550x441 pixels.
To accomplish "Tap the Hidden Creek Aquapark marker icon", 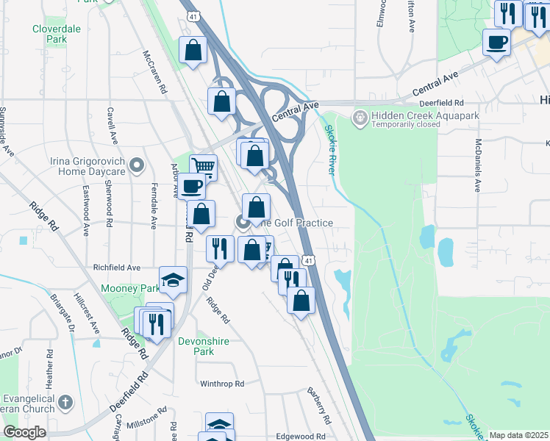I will point(360,118).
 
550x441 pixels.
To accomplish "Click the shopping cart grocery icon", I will point(204,167).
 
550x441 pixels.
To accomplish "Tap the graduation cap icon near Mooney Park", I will point(173,279).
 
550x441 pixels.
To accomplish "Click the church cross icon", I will point(66,402).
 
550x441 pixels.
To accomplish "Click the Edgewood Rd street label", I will point(300,436).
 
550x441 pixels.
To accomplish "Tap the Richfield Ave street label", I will point(116,268).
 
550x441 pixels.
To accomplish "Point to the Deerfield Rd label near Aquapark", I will point(443,103).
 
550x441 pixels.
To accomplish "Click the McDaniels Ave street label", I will point(478,165).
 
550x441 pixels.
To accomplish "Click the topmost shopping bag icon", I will point(193,51).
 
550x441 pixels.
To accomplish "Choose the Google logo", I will point(24,432).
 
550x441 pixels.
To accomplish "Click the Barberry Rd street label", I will point(321,405).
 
